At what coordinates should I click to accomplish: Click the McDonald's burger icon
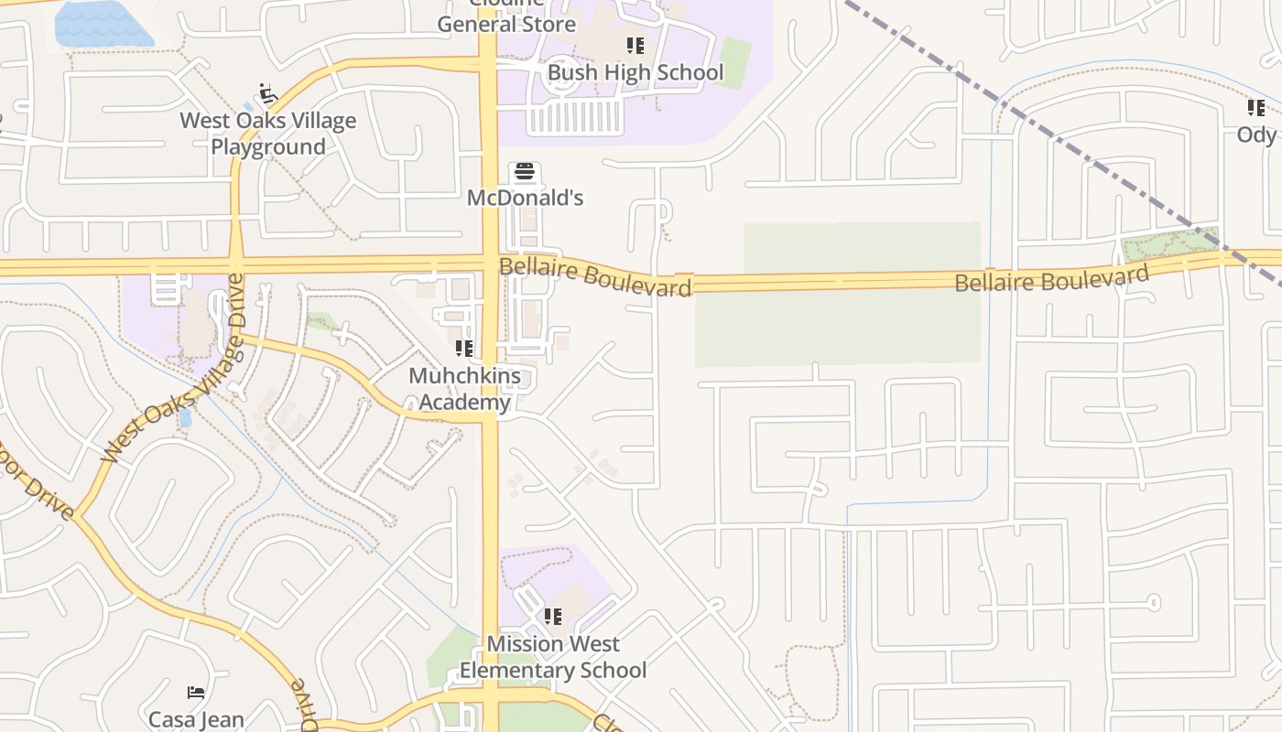[x=525, y=172]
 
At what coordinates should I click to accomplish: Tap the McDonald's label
[x=525, y=198]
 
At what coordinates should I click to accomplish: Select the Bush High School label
[x=635, y=72]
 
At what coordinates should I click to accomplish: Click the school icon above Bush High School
[x=635, y=46]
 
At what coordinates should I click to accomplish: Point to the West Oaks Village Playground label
[x=267, y=134]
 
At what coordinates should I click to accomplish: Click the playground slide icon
[x=267, y=93]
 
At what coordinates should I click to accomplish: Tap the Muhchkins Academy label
[x=464, y=389]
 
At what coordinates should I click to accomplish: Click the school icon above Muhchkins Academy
[x=464, y=349]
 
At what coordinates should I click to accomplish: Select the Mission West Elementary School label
[x=552, y=657]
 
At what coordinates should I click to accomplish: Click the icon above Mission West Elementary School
[x=552, y=617]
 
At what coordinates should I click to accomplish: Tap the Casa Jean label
[x=196, y=719]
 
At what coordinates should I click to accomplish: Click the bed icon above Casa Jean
[x=196, y=692]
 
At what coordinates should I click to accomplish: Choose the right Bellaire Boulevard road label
[x=1051, y=279]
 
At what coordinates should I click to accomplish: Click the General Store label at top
[x=506, y=24]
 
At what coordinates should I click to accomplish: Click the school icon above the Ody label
[x=1255, y=108]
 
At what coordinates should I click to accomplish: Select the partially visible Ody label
[x=1256, y=135]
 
